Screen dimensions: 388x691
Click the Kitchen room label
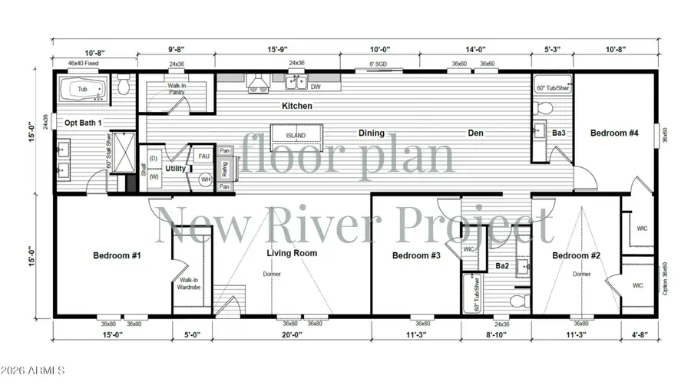point(297,106)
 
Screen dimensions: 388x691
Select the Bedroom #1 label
point(117,255)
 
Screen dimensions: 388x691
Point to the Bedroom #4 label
point(614,133)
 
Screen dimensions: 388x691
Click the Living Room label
point(292,253)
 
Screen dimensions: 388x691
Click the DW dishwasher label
point(316,87)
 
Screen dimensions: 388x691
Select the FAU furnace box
point(203,156)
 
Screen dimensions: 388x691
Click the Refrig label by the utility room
point(225,169)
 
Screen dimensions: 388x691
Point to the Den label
point(476,133)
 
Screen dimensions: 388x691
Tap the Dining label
point(372,133)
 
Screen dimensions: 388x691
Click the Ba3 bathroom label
point(559,133)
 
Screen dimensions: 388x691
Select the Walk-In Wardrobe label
point(188,284)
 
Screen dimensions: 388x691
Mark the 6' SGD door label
point(379,64)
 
